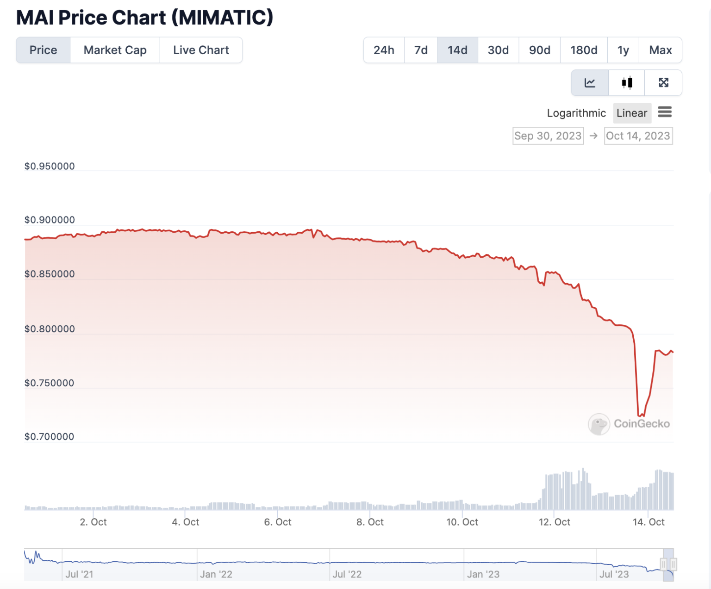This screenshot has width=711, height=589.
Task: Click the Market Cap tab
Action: pos(115,50)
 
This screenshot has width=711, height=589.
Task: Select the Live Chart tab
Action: pos(201,50)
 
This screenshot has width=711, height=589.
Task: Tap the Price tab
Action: pos(43,50)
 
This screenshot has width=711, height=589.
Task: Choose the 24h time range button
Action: pos(384,50)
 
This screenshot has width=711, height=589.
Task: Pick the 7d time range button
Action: pos(421,50)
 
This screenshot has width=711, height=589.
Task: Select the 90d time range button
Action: pos(539,50)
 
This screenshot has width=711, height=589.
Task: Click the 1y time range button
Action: pos(623,50)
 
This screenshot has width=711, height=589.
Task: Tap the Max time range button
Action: pos(660,50)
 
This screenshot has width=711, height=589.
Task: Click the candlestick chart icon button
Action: pos(627,83)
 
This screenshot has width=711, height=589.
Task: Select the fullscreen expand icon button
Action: pos(663,83)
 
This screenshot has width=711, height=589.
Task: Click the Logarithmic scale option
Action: pos(576,113)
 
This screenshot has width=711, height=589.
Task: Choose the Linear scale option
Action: pos(632,113)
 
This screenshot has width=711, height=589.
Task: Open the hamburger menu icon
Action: pos(665,112)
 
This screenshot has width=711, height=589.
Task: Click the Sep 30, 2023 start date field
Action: pos(548,136)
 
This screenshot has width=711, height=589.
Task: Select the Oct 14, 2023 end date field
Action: pos(638,136)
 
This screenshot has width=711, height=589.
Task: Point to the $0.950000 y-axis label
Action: pos(50,167)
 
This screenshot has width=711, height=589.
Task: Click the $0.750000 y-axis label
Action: pos(50,383)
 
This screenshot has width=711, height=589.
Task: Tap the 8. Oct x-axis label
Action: pos(370,522)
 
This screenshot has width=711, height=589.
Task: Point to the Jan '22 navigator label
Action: pos(216,574)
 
